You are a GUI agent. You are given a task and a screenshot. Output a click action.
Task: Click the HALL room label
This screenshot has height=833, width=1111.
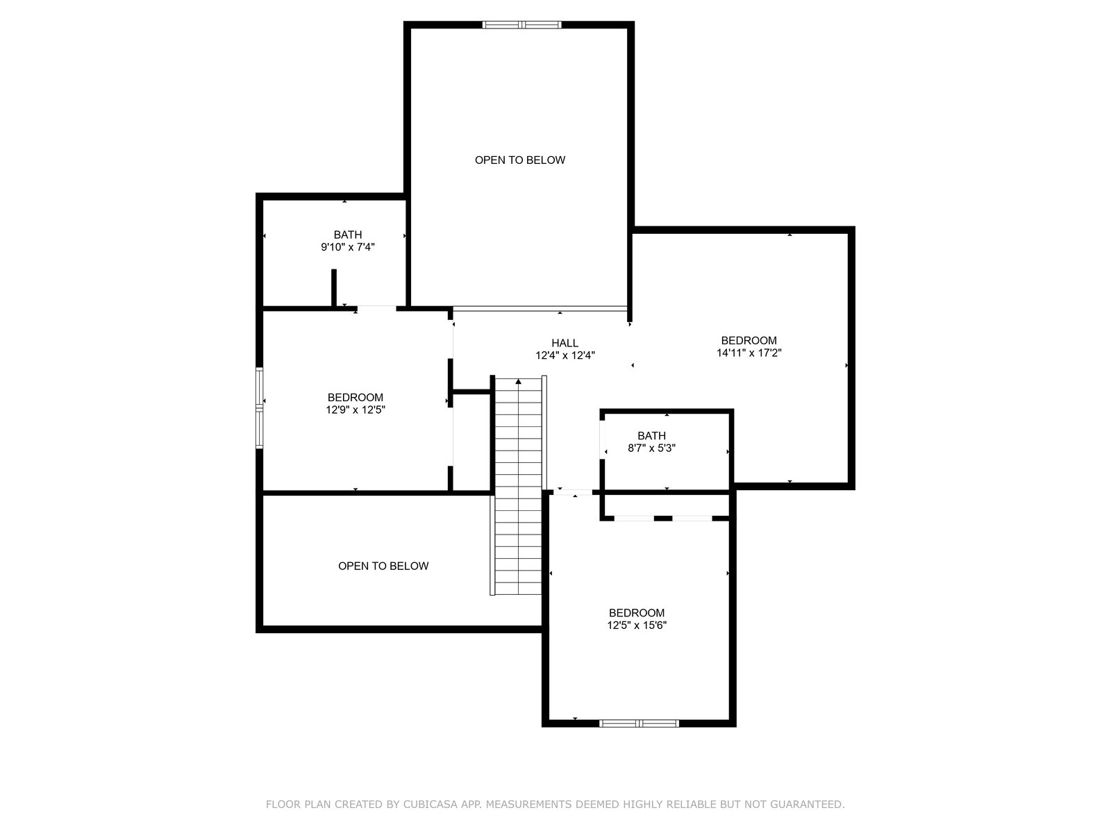[x=565, y=343]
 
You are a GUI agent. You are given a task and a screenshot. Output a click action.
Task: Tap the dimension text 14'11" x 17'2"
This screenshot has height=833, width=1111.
[x=749, y=353]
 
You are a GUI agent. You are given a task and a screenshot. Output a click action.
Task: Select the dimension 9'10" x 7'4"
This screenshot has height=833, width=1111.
[x=348, y=247]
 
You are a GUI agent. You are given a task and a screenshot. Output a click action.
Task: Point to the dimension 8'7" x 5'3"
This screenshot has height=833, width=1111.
[x=651, y=448]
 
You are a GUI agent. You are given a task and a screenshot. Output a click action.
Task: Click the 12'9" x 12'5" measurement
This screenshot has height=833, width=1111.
[x=356, y=410]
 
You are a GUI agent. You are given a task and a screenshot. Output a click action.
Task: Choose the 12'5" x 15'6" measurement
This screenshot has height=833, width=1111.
[x=637, y=625]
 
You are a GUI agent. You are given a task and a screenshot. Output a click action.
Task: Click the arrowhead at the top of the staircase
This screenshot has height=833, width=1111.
[x=518, y=381]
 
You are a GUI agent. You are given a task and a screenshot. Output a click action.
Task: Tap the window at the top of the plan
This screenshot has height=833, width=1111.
[x=521, y=25]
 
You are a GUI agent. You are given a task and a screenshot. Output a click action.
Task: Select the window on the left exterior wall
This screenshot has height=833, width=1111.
[x=260, y=407]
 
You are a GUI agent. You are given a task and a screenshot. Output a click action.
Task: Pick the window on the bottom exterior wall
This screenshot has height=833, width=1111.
[x=639, y=723]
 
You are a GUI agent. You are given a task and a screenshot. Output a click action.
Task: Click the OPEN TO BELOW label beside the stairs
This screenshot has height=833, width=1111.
[x=383, y=566]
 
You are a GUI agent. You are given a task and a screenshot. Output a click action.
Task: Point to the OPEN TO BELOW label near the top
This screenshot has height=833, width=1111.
[x=520, y=160]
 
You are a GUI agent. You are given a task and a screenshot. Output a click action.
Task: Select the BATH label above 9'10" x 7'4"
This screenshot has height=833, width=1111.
[x=348, y=235]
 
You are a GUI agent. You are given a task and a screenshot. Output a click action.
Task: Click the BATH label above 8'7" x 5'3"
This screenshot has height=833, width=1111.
[x=651, y=435]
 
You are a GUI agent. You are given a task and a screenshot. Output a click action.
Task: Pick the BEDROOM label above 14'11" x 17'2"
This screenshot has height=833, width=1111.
[x=749, y=340]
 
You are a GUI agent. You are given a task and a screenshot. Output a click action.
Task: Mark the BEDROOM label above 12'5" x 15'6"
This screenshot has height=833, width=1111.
[x=637, y=612]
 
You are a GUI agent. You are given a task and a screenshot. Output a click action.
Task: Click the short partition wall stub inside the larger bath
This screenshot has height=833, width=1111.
[x=334, y=288]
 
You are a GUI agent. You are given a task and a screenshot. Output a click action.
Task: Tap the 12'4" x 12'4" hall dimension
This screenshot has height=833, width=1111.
[x=565, y=355]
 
